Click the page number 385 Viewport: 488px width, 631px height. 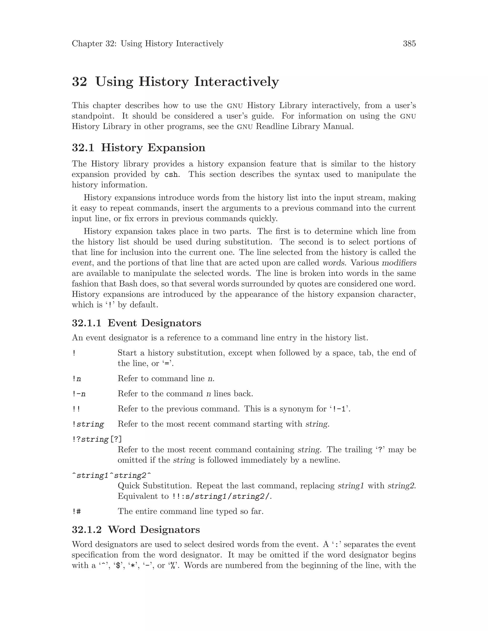pos(409,44)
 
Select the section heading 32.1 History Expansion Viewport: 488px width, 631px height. pos(138,148)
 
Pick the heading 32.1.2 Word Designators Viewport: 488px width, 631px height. pos(136,530)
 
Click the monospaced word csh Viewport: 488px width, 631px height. pos(171,175)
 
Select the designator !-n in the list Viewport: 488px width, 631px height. pos(79,394)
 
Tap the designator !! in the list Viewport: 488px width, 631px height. pos(76,409)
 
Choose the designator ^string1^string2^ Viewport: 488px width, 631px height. pos(112,476)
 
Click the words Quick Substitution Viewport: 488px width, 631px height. pos(155,486)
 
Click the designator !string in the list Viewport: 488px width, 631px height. pos(88,424)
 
